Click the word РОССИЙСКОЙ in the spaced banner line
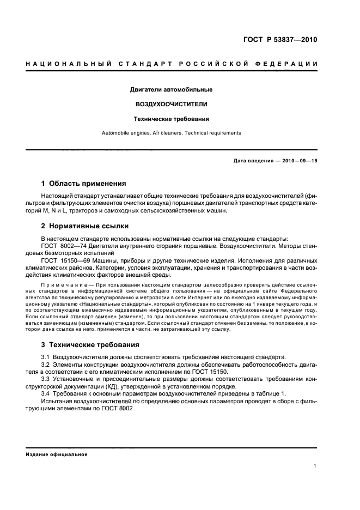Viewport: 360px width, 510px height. [x=214, y=65]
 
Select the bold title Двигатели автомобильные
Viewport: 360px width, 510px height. [x=171, y=89]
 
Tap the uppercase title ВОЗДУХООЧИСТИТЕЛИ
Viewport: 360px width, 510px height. [x=171, y=104]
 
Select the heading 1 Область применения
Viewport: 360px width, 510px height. [x=84, y=184]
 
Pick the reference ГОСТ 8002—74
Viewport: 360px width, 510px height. [x=60, y=246]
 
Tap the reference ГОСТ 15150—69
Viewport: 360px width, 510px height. [x=62, y=260]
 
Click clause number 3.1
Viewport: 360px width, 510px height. [x=46, y=357]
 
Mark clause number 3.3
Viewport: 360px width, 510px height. [x=46, y=378]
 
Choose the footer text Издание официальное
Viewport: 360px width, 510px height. [x=57, y=454]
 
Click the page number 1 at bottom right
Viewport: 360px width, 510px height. [x=315, y=466]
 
